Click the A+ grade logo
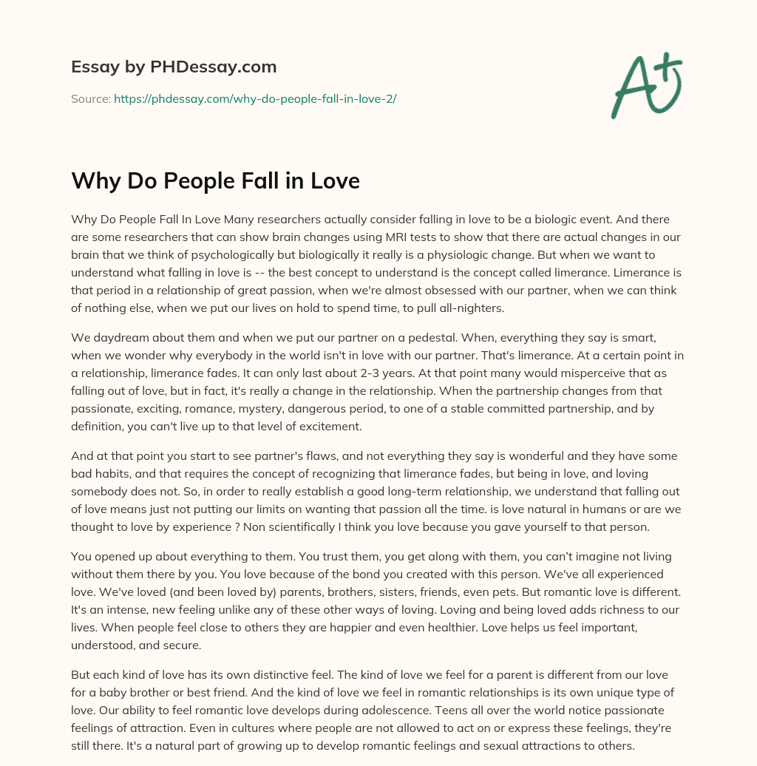[x=646, y=86]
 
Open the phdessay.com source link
[x=255, y=98]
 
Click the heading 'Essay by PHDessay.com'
[x=174, y=67]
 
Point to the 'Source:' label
[x=91, y=98]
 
